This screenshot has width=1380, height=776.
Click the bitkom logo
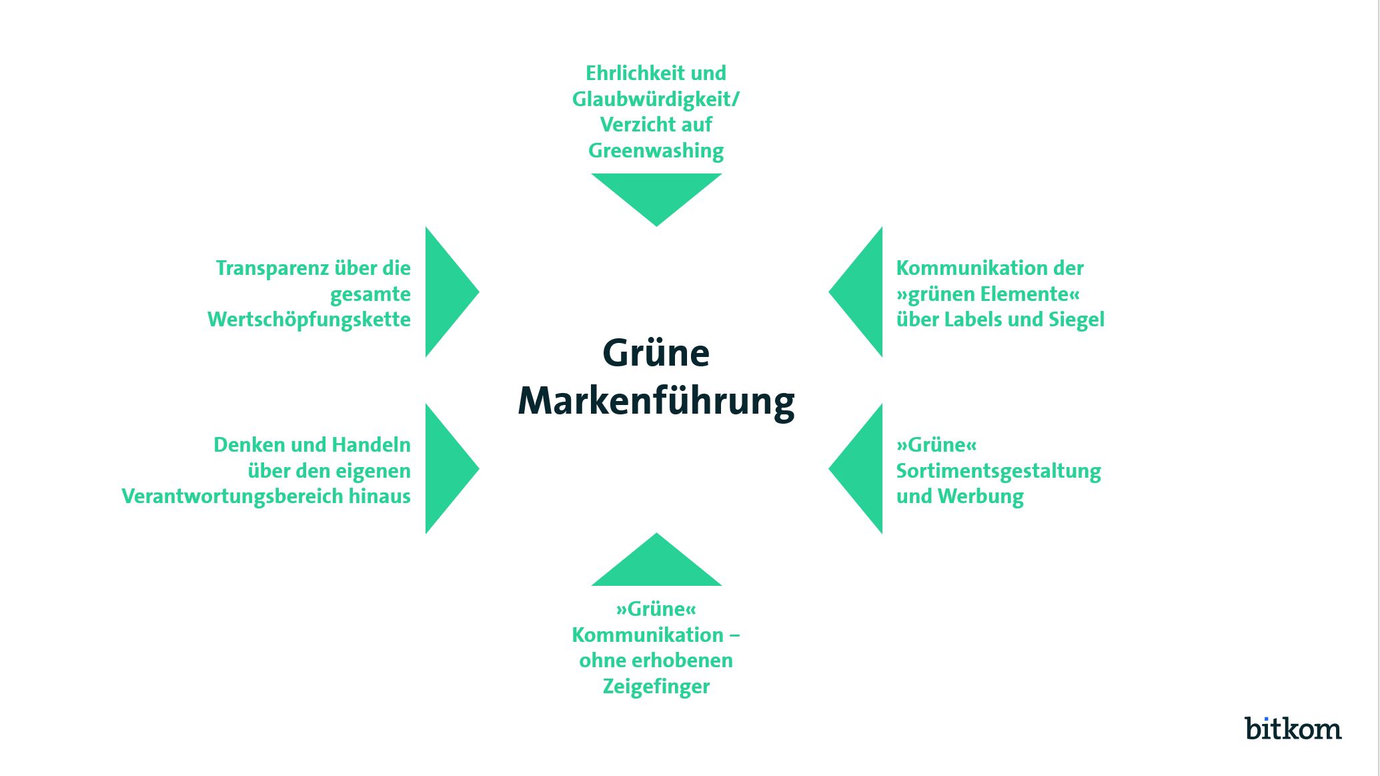[x=1293, y=728]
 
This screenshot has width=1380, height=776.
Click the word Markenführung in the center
[x=656, y=401]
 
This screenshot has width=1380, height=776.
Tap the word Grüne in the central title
[x=656, y=353]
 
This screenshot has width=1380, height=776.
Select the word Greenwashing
[x=656, y=151]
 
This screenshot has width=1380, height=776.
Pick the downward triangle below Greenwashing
[x=656, y=193]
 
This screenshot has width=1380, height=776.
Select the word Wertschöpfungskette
[x=309, y=320]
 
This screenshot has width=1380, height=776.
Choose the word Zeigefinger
[x=656, y=687]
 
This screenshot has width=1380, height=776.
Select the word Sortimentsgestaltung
[x=998, y=471]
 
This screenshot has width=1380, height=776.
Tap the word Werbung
[x=980, y=496]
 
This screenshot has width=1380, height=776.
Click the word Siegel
[x=1076, y=320]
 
